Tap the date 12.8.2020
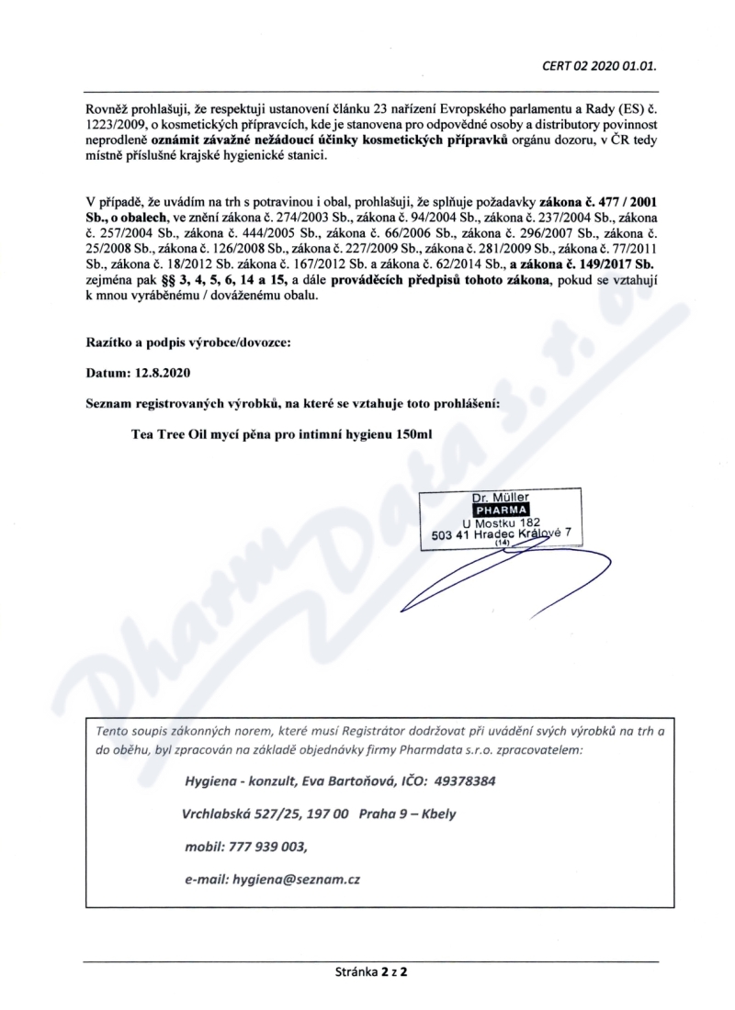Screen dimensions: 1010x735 pos(158,374)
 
